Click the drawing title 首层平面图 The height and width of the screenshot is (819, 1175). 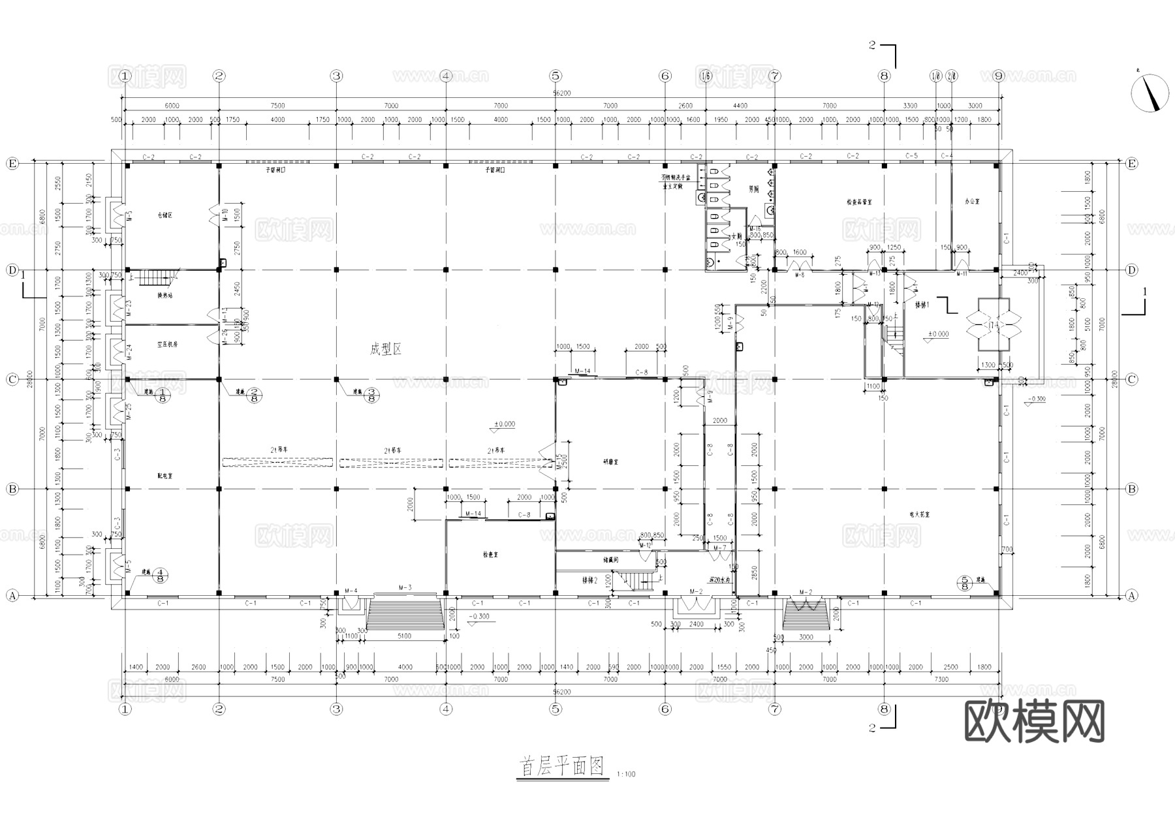561,766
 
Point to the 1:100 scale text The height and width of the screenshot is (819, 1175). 625,775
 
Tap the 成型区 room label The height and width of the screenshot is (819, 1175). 386,350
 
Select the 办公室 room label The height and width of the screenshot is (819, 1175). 973,202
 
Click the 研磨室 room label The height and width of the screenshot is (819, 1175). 611,461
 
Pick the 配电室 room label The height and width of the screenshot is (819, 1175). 165,476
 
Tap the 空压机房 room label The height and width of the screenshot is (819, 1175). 167,344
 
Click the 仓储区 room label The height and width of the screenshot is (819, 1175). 165,215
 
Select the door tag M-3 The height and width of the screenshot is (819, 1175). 405,588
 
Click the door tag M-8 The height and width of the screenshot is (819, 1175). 799,275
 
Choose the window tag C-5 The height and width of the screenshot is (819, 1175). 912,156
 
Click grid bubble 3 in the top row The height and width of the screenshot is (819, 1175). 336,76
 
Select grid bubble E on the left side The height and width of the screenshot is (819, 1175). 12,163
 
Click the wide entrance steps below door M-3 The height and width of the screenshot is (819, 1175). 405,614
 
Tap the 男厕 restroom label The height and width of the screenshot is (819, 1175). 754,189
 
